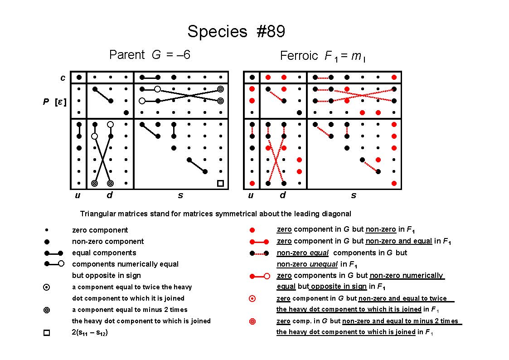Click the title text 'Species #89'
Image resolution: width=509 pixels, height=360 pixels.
[x=236, y=31]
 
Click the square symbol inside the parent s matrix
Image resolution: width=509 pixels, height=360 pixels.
[x=220, y=184]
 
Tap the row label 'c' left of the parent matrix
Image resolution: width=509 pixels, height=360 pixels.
[x=63, y=78]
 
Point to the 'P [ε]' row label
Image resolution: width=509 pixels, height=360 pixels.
[x=54, y=102]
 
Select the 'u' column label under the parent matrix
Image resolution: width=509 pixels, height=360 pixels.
[x=78, y=195]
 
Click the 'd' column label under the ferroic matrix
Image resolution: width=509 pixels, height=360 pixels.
[x=283, y=195]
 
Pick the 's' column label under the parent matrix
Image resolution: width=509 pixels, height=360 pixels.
[x=180, y=195]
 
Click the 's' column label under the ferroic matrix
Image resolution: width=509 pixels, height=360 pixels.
[x=354, y=195]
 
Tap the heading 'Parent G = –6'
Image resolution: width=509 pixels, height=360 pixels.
[x=150, y=54]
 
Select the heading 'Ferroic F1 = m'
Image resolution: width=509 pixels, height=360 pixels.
[x=323, y=56]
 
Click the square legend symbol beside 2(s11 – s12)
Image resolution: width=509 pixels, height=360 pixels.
[x=47, y=333]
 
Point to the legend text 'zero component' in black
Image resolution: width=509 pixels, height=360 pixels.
[x=100, y=230]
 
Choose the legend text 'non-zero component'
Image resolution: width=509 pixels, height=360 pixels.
[x=108, y=242]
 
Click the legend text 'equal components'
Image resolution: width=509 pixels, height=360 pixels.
[x=104, y=253]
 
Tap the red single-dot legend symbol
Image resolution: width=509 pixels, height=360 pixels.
[x=252, y=230]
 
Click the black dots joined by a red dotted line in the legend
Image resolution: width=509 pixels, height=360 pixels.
[x=259, y=253]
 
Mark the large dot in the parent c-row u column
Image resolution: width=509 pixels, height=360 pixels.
[x=79, y=77]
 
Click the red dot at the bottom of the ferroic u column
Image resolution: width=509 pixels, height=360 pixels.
[x=252, y=184]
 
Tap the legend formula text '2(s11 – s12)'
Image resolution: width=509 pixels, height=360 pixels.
[x=90, y=333]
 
